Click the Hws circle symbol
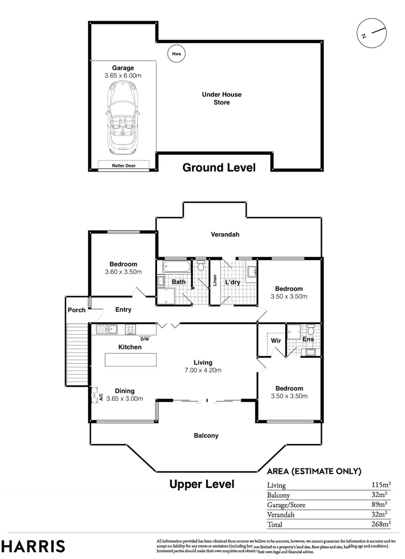coord(176,53)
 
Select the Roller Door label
coord(124,166)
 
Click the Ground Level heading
coord(219,168)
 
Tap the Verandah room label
coord(225,234)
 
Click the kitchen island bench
coord(131,359)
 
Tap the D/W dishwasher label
coord(144,339)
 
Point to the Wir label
coord(276,341)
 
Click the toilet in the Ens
coord(311,330)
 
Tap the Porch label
coord(77,310)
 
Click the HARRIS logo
coord(33,546)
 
